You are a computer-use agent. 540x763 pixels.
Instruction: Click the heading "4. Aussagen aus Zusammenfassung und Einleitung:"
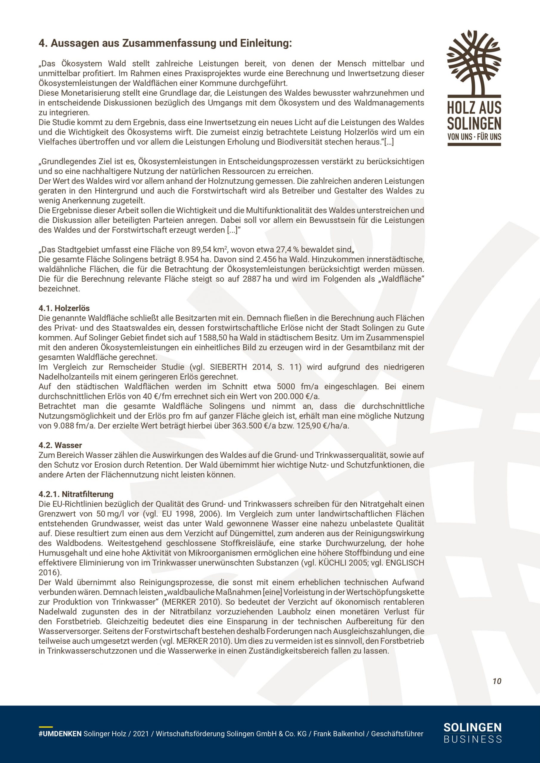[x=165, y=43]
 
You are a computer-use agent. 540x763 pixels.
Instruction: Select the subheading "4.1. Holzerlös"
[x=64, y=308]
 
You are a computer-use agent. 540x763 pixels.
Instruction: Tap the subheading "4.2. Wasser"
[x=60, y=445]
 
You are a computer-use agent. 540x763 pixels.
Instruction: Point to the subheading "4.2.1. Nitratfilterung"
[x=76, y=494]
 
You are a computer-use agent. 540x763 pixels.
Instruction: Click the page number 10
[x=497, y=681]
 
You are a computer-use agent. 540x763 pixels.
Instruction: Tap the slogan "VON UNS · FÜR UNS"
[x=474, y=137]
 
